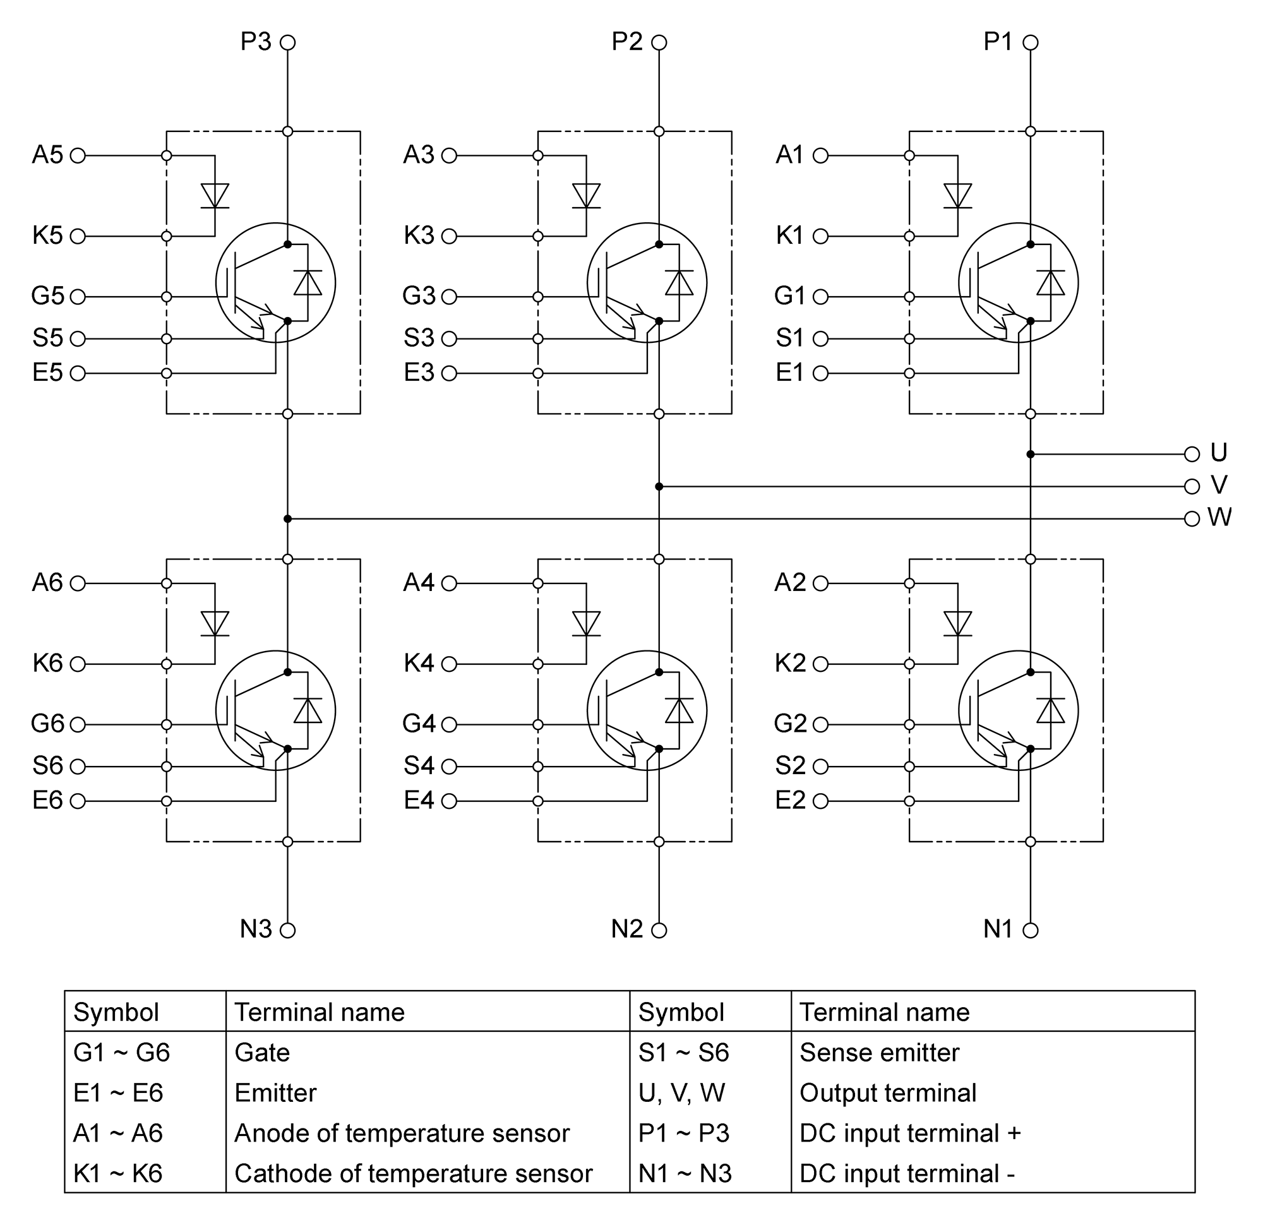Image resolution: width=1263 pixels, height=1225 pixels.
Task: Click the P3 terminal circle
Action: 288,42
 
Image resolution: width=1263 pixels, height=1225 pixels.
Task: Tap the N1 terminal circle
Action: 1031,931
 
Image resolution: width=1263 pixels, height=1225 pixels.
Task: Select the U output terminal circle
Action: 1192,454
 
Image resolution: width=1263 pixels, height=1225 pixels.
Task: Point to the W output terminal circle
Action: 1192,519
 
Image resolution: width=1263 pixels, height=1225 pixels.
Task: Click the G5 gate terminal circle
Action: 78,297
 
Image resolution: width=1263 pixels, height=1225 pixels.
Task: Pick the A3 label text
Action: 419,155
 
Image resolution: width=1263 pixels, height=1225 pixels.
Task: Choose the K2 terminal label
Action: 790,663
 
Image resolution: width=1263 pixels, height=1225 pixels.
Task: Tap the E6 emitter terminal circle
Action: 78,802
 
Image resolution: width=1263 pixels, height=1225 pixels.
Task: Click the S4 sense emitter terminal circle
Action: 449,767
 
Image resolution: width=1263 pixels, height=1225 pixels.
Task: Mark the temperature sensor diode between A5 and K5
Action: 215,196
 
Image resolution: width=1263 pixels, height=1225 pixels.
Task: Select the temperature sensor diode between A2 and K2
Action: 957,624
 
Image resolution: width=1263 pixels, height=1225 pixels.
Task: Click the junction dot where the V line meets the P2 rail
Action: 659,486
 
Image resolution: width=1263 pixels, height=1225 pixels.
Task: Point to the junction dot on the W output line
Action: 287,519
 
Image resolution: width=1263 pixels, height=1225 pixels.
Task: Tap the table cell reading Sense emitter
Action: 879,1053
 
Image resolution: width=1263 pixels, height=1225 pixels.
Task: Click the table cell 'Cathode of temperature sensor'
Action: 413,1173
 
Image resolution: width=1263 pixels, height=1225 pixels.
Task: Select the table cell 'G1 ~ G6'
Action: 121,1053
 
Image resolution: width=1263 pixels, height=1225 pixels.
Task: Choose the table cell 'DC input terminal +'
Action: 910,1133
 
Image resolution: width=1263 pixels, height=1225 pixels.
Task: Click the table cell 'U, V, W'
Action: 682,1093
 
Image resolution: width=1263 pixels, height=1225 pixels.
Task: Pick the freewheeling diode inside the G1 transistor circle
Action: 1050,283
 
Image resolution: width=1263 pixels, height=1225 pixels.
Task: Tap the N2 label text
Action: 627,929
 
